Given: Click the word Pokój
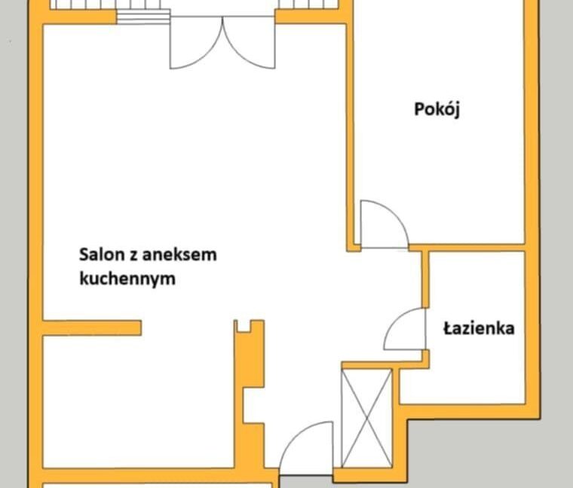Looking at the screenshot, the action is [x=437, y=109].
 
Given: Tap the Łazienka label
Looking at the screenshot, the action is [x=479, y=328].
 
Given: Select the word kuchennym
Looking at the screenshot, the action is [x=127, y=279].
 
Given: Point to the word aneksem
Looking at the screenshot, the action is [x=179, y=255].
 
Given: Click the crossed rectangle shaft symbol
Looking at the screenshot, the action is [x=366, y=418].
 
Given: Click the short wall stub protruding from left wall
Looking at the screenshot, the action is [x=92, y=328].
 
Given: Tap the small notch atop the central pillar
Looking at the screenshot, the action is [x=244, y=327].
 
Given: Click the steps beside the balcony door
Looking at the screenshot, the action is [x=143, y=17].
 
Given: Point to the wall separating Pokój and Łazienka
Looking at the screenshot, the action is [x=467, y=248].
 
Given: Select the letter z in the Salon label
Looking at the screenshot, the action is [x=133, y=255].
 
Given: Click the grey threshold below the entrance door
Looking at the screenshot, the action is [x=306, y=482].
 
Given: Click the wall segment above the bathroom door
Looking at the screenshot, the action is [x=425, y=279].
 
